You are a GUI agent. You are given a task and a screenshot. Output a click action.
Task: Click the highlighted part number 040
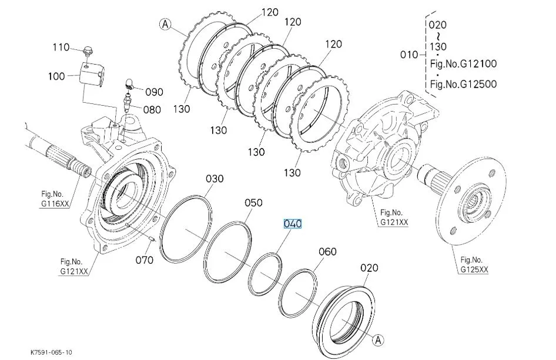pos(293,224)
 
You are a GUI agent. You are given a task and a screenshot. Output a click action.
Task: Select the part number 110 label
pos(61,47)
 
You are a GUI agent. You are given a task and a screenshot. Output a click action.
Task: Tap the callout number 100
pos(58,77)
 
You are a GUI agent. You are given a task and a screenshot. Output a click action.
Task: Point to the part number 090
pos(155,92)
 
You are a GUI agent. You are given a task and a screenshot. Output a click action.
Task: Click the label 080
pos(152,109)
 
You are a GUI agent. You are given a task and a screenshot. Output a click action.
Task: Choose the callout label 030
pos(214,179)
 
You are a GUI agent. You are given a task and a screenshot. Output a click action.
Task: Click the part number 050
pos(253,203)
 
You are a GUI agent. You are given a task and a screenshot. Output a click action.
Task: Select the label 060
pos(327,252)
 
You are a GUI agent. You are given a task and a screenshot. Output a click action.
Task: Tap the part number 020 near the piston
pos(369,268)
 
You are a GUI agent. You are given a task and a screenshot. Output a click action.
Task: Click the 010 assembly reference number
pos(408,55)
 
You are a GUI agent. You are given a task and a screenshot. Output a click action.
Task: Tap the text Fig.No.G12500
pos(463,84)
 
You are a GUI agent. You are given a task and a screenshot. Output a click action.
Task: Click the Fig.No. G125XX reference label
pos(474,264)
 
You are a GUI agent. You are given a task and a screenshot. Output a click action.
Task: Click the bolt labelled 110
pos(87,52)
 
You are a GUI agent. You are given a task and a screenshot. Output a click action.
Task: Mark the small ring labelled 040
pos(265,271)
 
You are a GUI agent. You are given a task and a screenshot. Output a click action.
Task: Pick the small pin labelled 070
pos(152,238)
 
